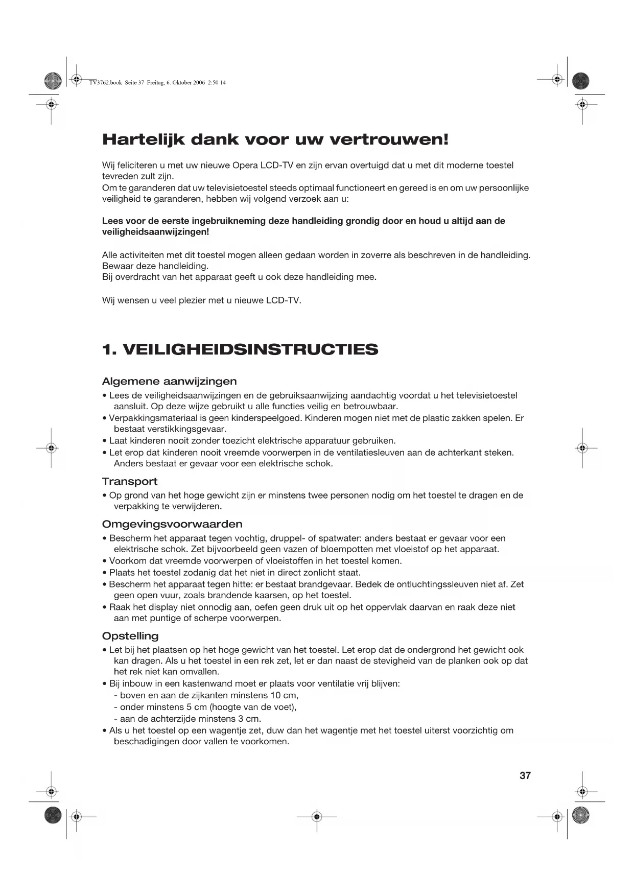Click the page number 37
point(525,775)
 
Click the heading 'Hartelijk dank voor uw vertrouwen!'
point(275,139)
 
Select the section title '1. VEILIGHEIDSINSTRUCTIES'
point(240,350)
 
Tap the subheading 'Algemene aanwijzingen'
point(169,381)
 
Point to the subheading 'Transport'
point(130,481)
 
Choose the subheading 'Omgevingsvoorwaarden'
point(172,524)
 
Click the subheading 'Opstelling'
point(130,636)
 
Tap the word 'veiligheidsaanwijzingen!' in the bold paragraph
point(155,232)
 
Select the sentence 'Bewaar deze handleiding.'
point(155,266)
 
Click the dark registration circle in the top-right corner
point(581,81)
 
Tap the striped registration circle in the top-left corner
point(53,81)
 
